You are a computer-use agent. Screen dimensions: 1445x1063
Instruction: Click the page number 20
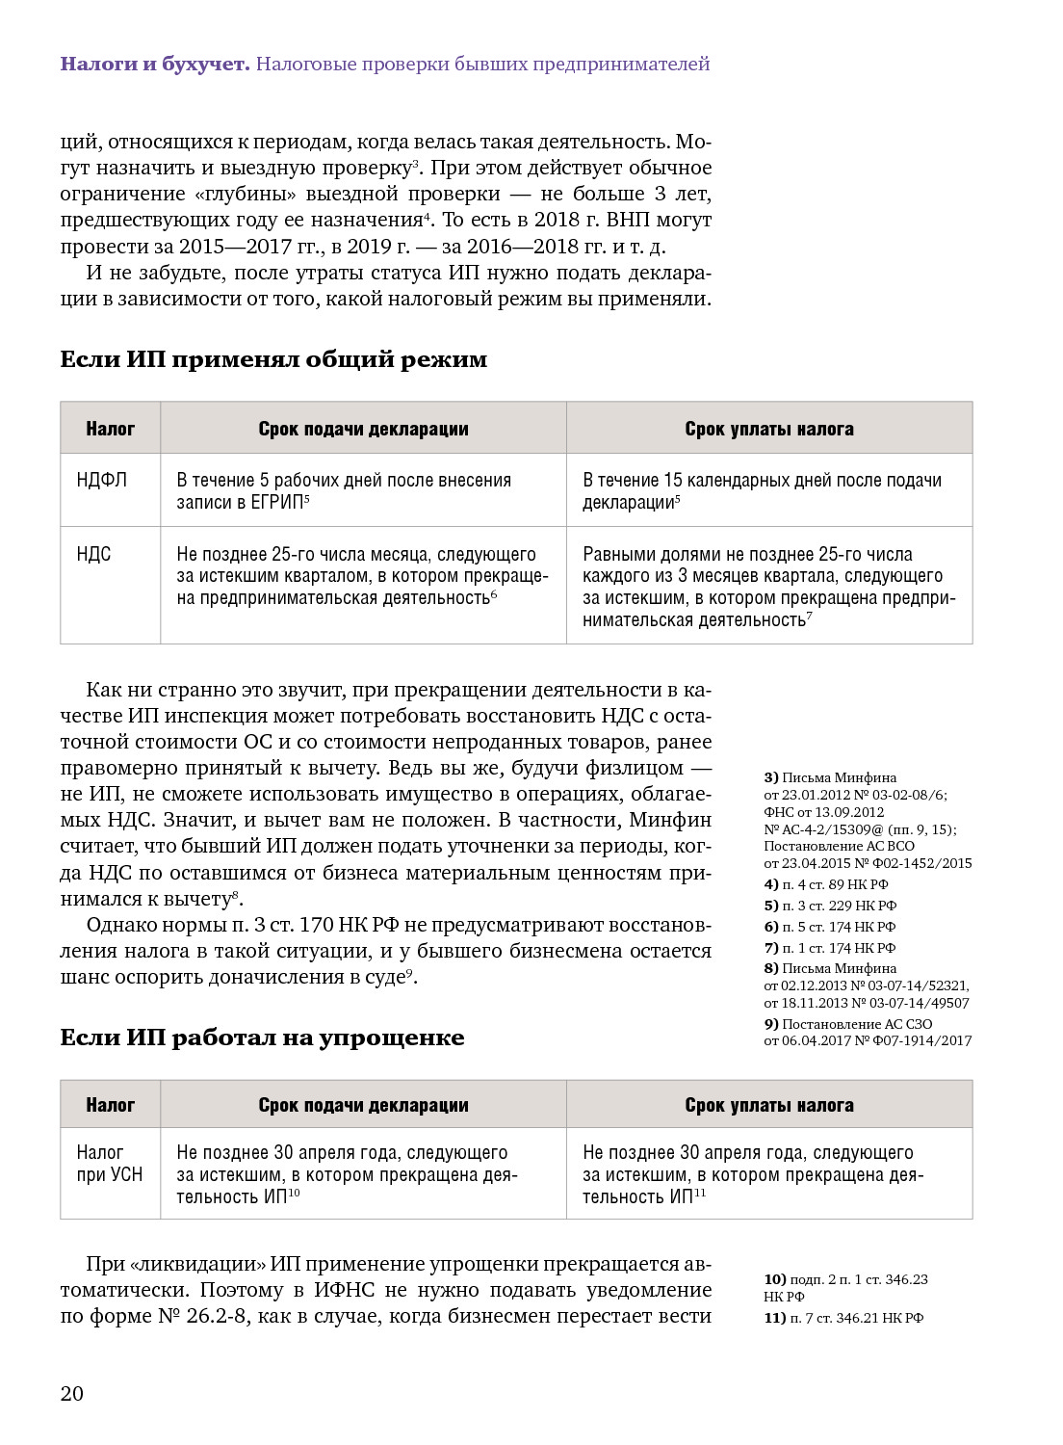pos(72,1393)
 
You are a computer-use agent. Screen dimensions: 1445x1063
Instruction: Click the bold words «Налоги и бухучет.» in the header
pos(154,64)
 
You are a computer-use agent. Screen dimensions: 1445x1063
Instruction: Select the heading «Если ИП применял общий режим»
pos(273,359)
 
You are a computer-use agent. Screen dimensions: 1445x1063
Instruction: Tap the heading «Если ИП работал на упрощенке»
pos(262,1038)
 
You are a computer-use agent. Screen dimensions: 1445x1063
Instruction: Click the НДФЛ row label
pos(101,480)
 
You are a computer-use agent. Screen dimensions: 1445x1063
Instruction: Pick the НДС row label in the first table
pos(93,554)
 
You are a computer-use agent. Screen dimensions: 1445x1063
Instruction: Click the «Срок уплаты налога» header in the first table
pos(768,429)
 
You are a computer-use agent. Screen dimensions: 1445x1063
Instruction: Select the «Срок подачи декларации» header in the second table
pos(363,1105)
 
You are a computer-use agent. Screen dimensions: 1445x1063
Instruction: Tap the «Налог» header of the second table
pos(110,1105)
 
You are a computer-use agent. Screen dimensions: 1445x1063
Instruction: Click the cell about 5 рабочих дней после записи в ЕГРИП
pos(343,490)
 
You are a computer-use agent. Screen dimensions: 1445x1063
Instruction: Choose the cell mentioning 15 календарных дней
pos(761,490)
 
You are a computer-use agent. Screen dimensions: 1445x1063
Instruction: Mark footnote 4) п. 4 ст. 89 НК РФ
pos(826,884)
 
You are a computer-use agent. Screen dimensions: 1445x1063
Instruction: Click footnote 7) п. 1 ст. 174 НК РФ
pos(830,948)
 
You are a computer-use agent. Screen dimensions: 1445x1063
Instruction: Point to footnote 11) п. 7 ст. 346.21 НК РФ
pos(843,1318)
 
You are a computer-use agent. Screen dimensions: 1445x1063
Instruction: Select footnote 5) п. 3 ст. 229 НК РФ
pos(830,906)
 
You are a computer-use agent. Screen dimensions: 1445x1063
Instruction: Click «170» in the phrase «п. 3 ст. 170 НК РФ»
pos(316,925)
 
